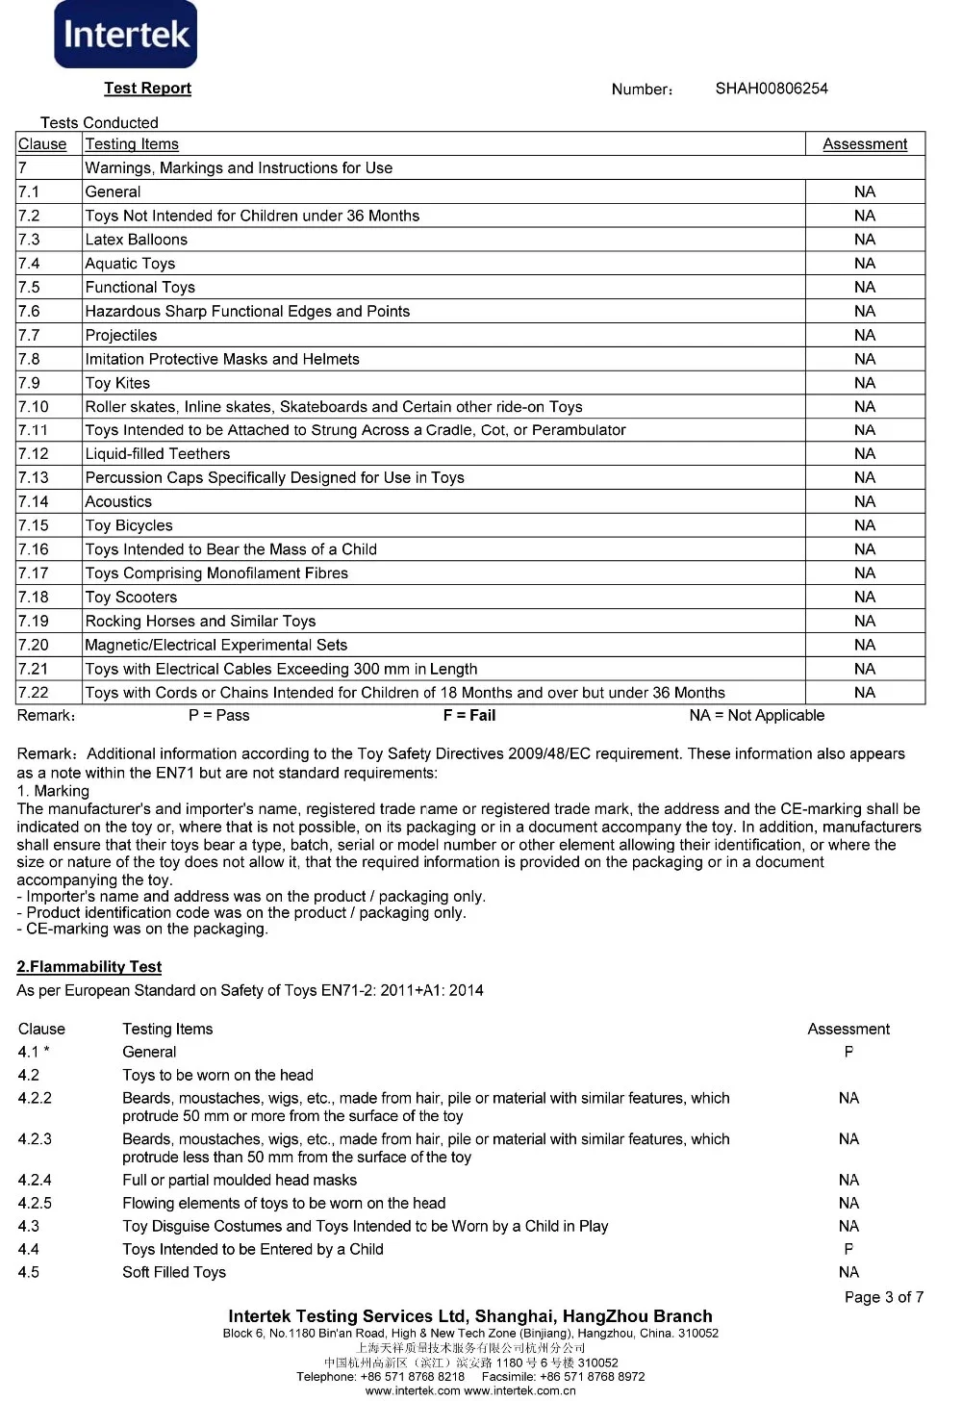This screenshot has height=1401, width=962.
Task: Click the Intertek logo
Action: [x=125, y=35]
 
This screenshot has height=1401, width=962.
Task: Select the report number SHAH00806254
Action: [x=771, y=89]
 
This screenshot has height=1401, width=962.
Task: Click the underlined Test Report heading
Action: [x=147, y=89]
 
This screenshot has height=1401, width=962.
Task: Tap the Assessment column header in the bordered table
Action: [x=864, y=144]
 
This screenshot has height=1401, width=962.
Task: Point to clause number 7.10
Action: [x=33, y=407]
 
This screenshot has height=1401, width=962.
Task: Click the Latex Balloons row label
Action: [x=136, y=240]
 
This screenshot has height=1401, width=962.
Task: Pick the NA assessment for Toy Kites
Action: [x=864, y=383]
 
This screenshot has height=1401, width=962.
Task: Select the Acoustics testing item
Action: [x=118, y=501]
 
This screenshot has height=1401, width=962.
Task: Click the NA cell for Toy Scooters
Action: [x=864, y=598]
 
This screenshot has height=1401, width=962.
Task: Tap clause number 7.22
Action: [x=33, y=693]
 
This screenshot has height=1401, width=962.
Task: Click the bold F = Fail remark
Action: [x=468, y=716]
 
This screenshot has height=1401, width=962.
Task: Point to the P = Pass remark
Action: [x=218, y=716]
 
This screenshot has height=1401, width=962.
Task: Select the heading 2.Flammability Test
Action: [x=89, y=967]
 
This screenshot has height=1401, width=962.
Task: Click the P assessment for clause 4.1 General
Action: [x=848, y=1053]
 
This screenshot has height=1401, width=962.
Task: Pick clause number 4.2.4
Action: [x=35, y=1181]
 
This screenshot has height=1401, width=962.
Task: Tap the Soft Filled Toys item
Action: [x=174, y=1273]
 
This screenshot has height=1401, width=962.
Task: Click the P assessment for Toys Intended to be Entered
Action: [x=848, y=1250]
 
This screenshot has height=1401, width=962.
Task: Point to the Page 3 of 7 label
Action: [x=883, y=1297]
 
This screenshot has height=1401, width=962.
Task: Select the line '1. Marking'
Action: [x=53, y=791]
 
